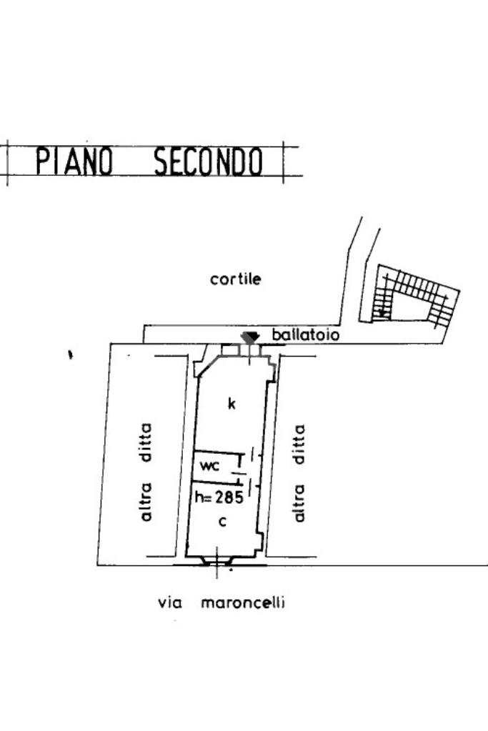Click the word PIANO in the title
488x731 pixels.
point(74,161)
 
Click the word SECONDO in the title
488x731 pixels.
point(208,161)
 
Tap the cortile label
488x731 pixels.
point(235,279)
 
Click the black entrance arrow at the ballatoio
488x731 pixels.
point(249,337)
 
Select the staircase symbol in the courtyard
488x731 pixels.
point(414,297)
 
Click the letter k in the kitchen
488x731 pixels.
point(231,404)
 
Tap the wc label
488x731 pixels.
point(210,466)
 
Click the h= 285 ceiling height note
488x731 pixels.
point(219,497)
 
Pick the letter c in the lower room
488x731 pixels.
point(222,522)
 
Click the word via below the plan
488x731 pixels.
point(170,603)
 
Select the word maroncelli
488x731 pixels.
point(243,602)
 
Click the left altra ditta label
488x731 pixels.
point(146,472)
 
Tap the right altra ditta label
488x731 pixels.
point(299,472)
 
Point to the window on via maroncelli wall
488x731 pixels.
point(216,561)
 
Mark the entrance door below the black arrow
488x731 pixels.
point(248,351)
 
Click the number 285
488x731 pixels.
point(230,497)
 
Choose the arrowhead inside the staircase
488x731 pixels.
point(384,312)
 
